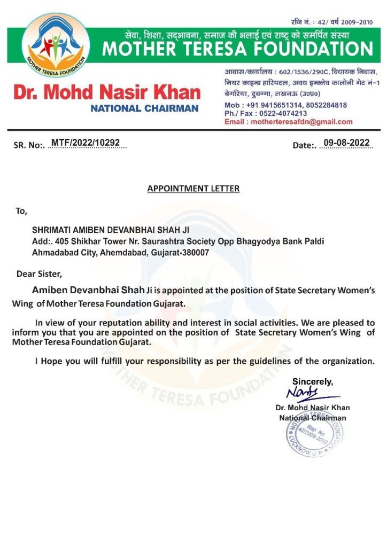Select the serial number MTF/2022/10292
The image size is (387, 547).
pyautogui.click(x=85, y=143)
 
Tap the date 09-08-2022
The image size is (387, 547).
pyautogui.click(x=346, y=143)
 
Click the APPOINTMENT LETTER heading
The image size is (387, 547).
pyautogui.click(x=193, y=189)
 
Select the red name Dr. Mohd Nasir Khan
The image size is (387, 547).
pyautogui.click(x=106, y=93)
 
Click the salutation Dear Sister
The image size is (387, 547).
pyautogui.click(x=39, y=275)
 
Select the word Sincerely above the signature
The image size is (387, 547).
pyautogui.click(x=312, y=381)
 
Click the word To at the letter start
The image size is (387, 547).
pyautogui.click(x=21, y=212)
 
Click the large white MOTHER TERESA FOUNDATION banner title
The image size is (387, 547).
pyautogui.click(x=237, y=49)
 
